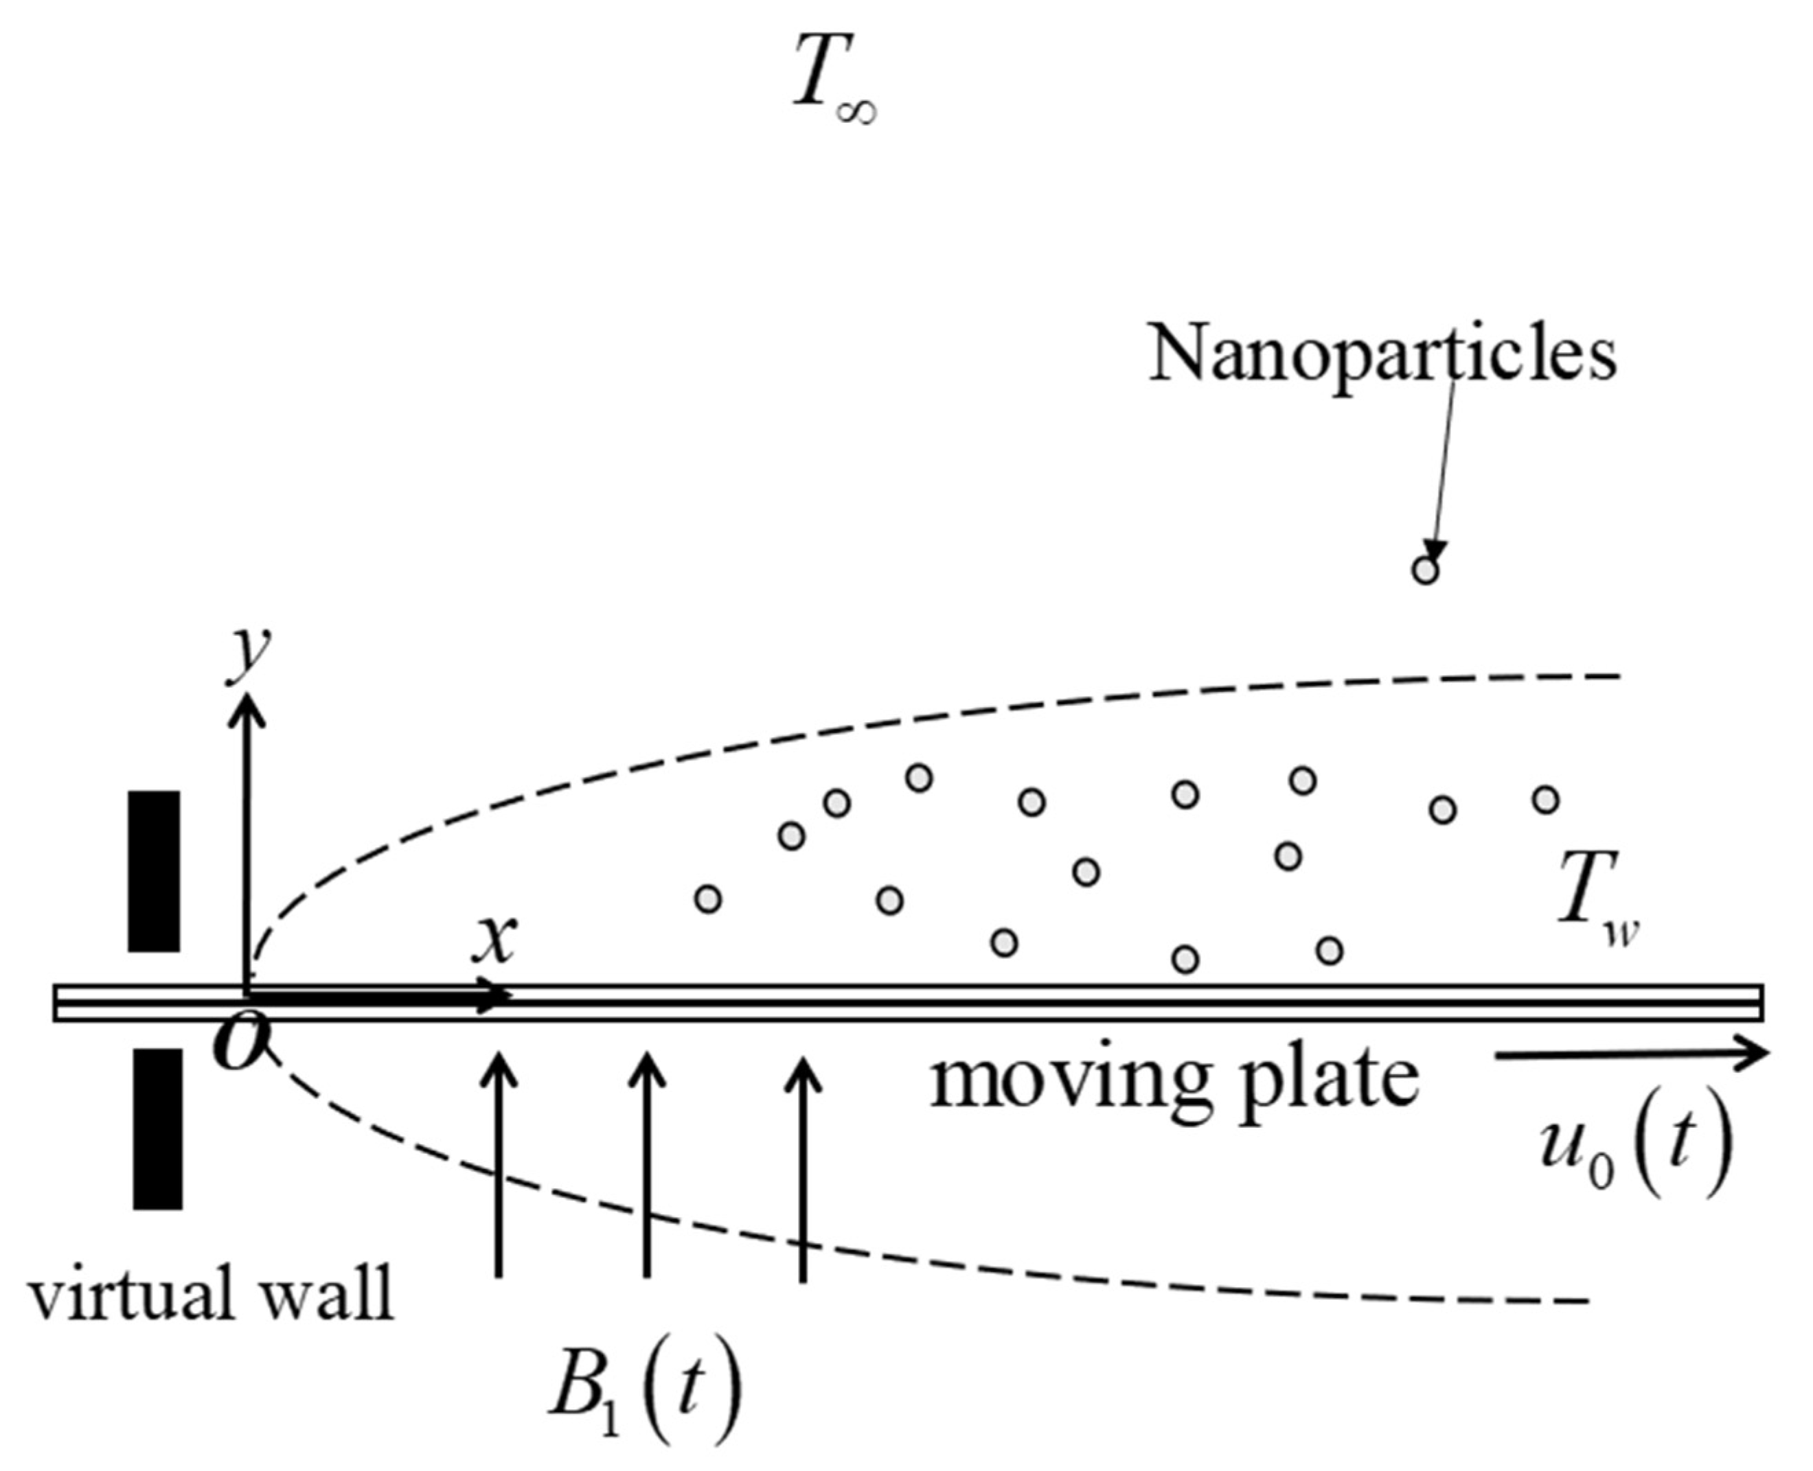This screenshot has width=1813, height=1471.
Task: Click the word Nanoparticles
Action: click(1382, 354)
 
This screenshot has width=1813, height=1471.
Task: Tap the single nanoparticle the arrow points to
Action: click(1426, 570)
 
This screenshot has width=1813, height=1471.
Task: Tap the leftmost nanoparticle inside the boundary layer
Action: click(708, 899)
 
